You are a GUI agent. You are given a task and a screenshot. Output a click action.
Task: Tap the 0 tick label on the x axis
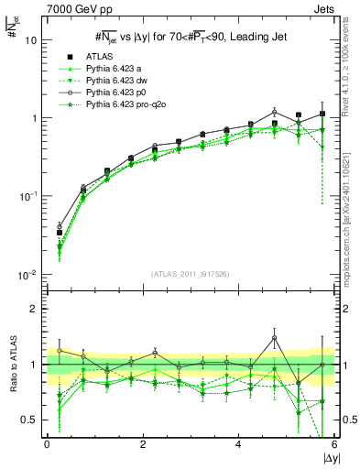[x=47, y=444]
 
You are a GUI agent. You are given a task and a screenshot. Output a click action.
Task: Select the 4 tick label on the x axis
[x=238, y=444]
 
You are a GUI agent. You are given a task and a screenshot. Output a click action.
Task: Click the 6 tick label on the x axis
[x=333, y=444]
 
